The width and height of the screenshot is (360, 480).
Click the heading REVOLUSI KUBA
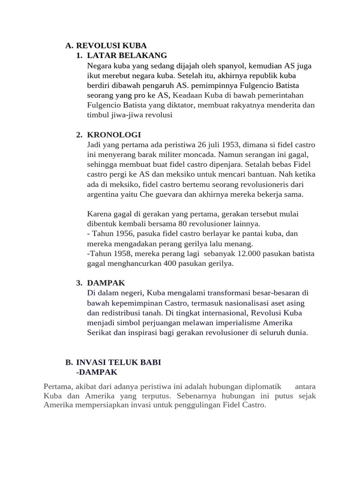pyautogui.click(x=111, y=45)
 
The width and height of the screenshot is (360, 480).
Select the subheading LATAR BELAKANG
pyautogui.click(x=127, y=56)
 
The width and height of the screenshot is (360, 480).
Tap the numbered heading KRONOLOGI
pyautogui.click(x=114, y=135)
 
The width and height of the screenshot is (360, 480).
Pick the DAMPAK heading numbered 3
pyautogui.click(x=106, y=283)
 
